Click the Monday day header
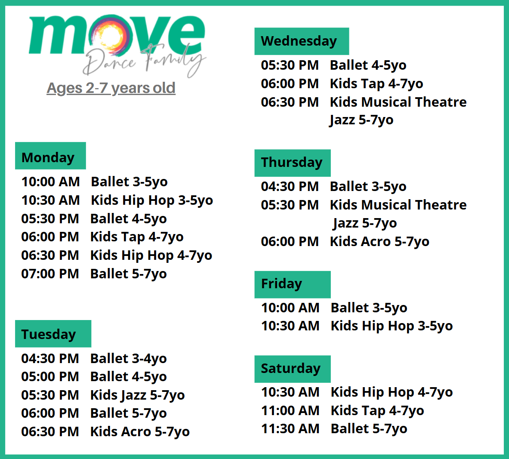click(50, 155)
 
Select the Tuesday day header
click(53, 334)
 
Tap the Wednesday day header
click(302, 41)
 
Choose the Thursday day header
click(293, 163)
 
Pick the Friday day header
click(293, 284)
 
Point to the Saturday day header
click(293, 369)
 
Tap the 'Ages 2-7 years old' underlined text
click(111, 88)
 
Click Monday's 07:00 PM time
click(50, 274)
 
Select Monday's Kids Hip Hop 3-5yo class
click(152, 200)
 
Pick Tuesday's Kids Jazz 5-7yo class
click(138, 395)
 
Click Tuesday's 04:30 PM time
click(50, 358)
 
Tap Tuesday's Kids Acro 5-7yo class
click(140, 432)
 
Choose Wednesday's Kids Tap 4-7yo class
click(376, 84)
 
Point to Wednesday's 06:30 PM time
click(290, 102)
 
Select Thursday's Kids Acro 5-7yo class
click(379, 241)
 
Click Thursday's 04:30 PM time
click(290, 186)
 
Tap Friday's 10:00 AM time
click(290, 308)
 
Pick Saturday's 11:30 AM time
click(290, 428)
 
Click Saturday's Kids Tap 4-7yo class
click(377, 411)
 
